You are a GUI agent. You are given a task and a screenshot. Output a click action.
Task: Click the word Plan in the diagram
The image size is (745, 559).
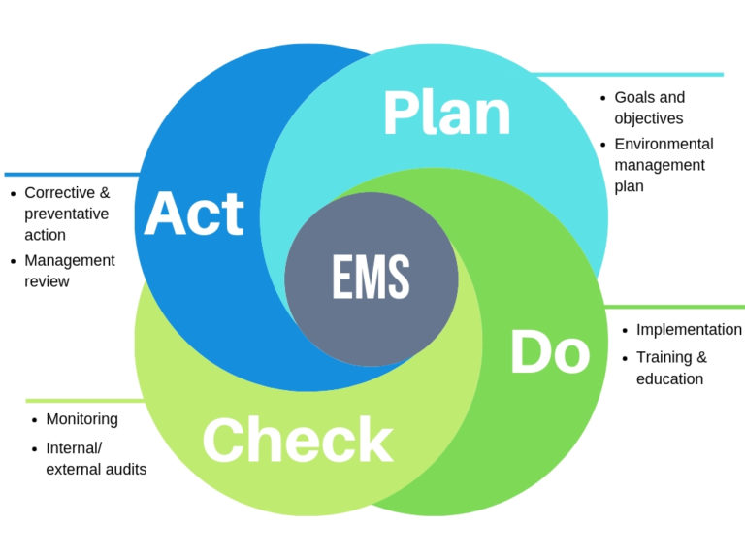pyautogui.click(x=446, y=114)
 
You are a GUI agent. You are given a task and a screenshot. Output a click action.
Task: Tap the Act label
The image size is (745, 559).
pyautogui.click(x=194, y=213)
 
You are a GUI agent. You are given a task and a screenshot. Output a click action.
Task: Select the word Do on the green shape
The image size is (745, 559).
pyautogui.click(x=549, y=352)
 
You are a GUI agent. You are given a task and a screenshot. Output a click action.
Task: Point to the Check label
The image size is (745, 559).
pyautogui.click(x=297, y=441)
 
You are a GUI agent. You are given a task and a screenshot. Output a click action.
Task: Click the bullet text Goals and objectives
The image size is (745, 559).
pyautogui.click(x=649, y=108)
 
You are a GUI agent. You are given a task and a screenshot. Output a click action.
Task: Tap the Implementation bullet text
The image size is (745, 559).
pyautogui.click(x=689, y=330)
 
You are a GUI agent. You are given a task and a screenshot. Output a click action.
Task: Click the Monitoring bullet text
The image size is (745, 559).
pyautogui.click(x=81, y=419)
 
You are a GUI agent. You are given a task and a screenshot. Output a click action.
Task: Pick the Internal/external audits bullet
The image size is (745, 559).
pyautogui.click(x=96, y=459)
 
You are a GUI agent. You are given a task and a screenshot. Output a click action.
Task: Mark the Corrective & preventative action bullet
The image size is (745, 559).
pyautogui.click(x=67, y=214)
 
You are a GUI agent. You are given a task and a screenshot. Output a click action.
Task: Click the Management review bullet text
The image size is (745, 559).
pyautogui.click(x=69, y=271)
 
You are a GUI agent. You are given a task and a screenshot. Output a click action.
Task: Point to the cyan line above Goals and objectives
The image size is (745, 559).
pyautogui.click(x=631, y=74)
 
